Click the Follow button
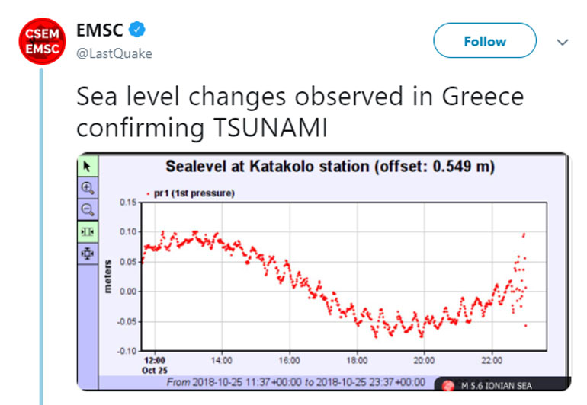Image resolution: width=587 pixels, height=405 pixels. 485,41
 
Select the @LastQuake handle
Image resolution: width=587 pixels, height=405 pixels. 114,53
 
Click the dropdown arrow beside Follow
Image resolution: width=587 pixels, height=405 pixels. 563,42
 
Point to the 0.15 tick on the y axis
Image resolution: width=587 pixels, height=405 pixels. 127,202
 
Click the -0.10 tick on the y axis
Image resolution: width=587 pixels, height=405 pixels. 125,351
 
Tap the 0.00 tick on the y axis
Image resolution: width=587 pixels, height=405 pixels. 127,292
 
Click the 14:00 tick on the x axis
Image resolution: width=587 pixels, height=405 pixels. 221,360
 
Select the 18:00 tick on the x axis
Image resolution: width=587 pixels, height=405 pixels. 357,360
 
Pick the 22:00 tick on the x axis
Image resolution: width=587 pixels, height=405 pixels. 492,360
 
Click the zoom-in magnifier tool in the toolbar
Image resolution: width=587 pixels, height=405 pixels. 87,187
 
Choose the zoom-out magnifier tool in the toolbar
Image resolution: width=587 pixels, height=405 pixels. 87,209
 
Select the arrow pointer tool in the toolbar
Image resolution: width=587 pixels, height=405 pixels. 87,165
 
